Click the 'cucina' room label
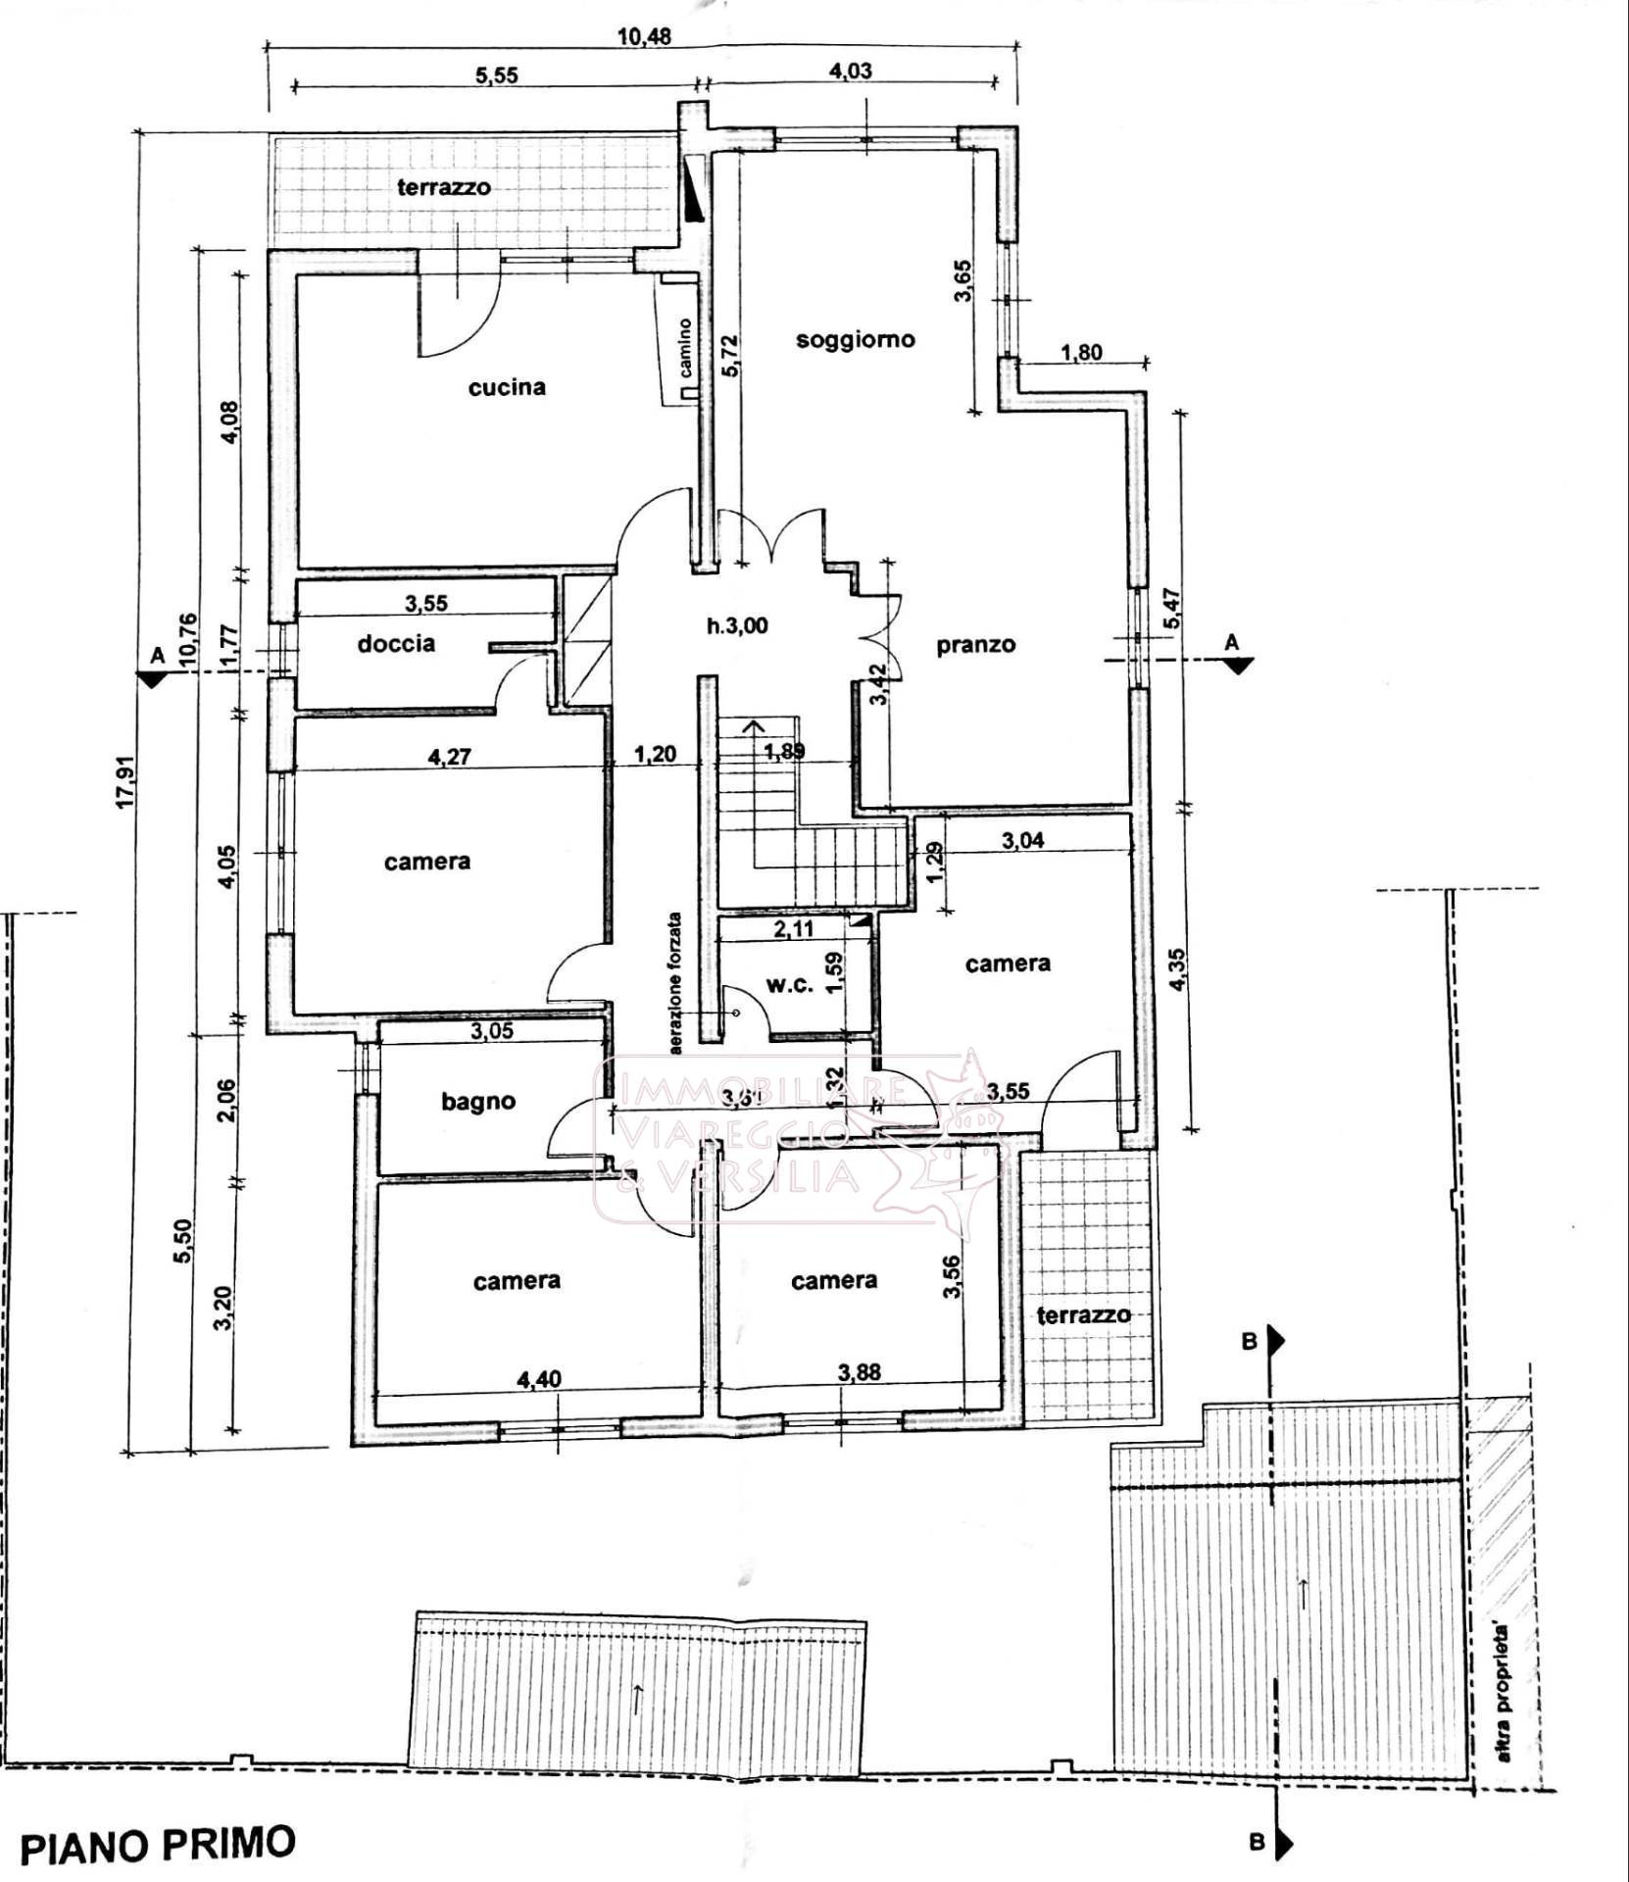point(507,387)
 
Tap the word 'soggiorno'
point(855,339)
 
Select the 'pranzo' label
point(975,645)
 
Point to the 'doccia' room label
point(396,644)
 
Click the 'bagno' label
point(478,1101)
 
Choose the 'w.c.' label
point(790,985)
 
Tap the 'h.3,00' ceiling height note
point(737,625)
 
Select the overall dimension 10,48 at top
point(644,36)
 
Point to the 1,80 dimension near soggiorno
point(1081,352)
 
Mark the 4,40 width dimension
point(539,1379)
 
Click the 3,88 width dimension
point(859,1372)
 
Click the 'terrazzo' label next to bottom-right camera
point(1083,1314)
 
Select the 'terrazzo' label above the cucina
point(443,186)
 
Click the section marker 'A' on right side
point(1232,642)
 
